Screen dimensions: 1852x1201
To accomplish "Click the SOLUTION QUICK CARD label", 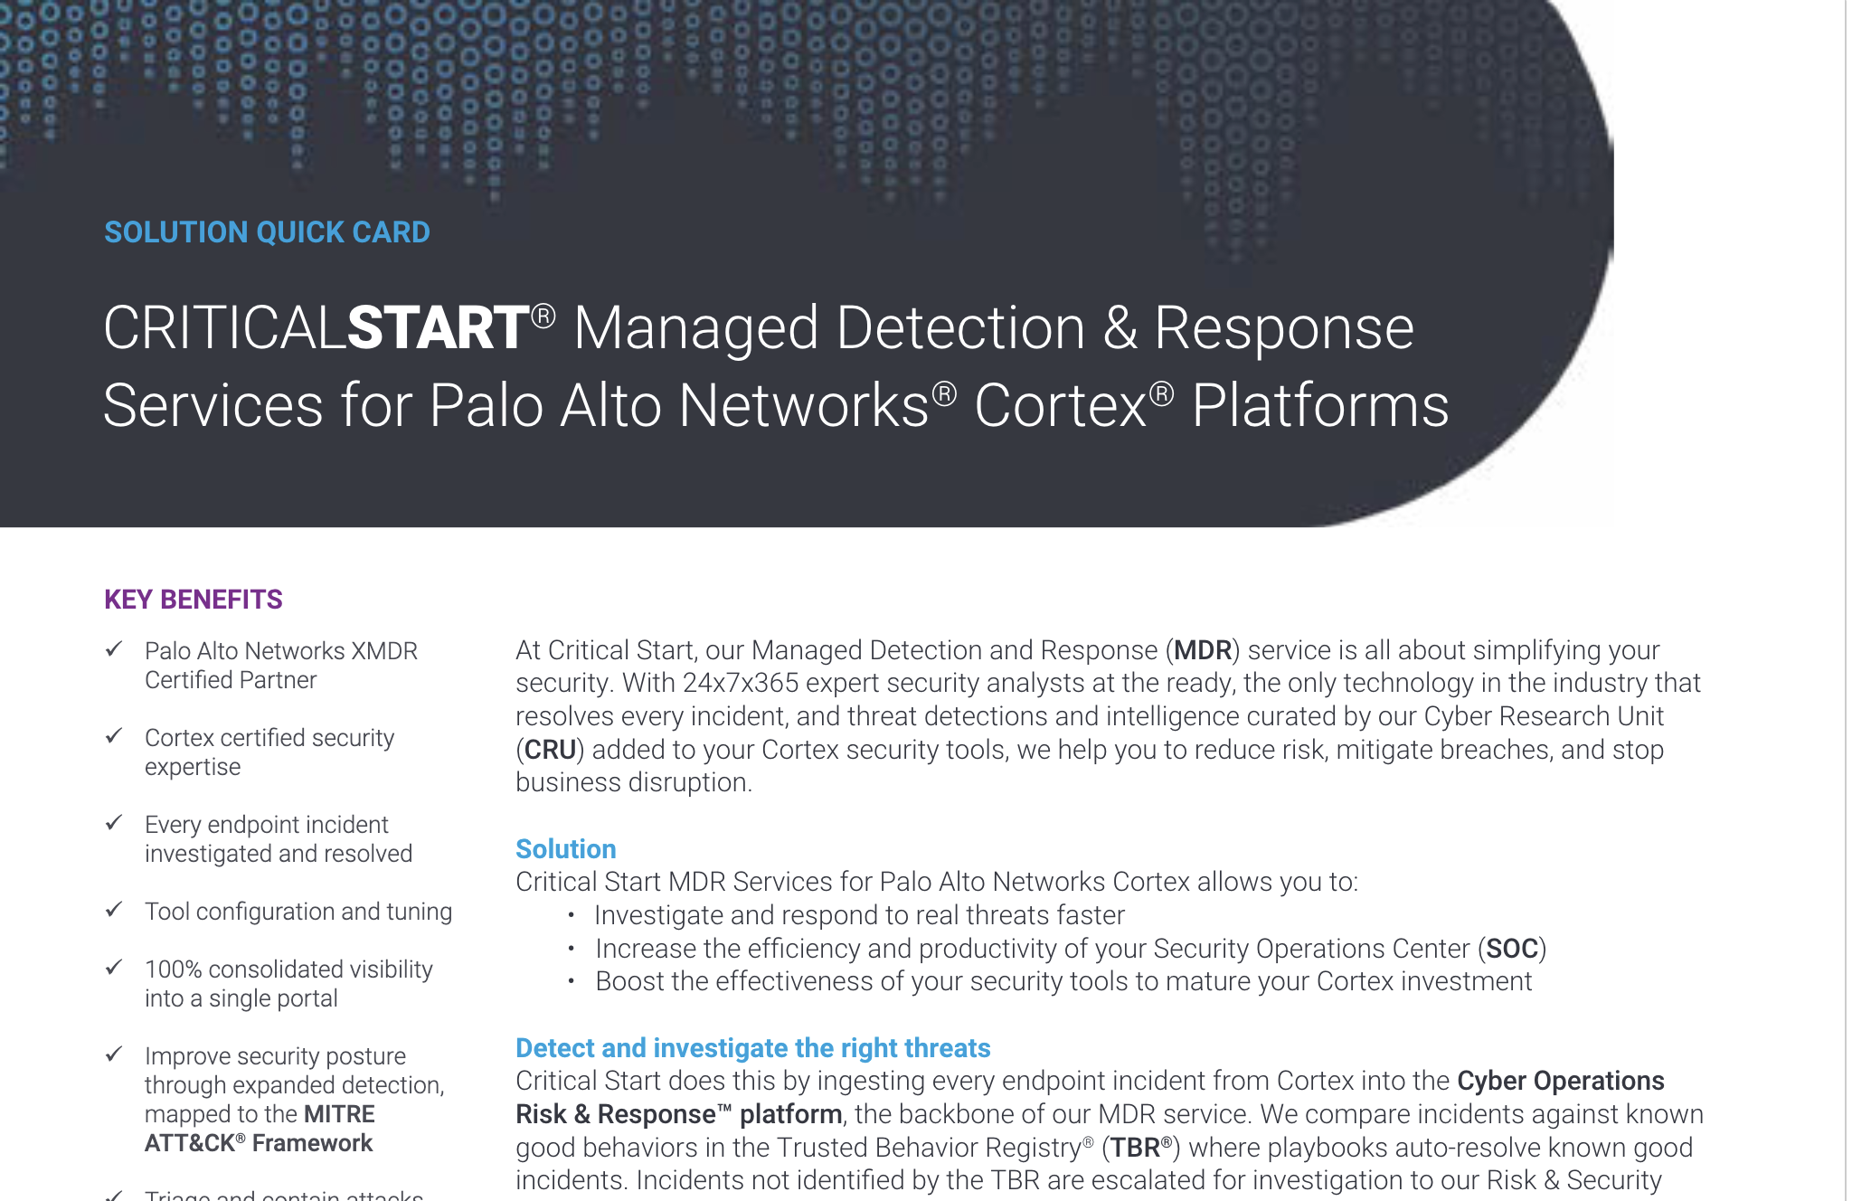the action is pyautogui.click(x=267, y=232).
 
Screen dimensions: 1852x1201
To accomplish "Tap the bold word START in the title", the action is pyautogui.click(x=439, y=327).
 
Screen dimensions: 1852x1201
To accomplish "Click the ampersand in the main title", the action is pyautogui.click(x=1120, y=327).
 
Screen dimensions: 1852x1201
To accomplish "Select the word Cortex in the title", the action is pyautogui.click(x=1061, y=405).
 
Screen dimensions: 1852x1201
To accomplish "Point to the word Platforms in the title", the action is pyautogui.click(x=1320, y=405).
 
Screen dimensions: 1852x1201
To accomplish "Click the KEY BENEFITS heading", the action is pyautogui.click(x=194, y=600).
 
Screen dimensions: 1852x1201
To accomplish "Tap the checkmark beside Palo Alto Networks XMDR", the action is pyautogui.click(x=114, y=649).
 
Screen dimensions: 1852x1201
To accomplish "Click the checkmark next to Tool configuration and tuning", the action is pyautogui.click(x=114, y=910).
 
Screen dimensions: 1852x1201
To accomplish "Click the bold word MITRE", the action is pyautogui.click(x=339, y=1114).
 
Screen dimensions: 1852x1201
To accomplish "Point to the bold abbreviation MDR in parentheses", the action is pyautogui.click(x=1203, y=650).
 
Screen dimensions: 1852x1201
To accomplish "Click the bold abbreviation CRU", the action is pyautogui.click(x=550, y=750).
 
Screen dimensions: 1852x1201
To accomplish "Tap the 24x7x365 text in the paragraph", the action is pyautogui.click(x=742, y=683).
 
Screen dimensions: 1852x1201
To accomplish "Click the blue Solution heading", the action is pyautogui.click(x=566, y=849).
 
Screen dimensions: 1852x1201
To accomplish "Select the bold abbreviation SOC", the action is pyautogui.click(x=1512, y=949).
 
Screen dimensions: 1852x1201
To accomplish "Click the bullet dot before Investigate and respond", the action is pyautogui.click(x=572, y=915).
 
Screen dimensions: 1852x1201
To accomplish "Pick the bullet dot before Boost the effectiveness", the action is pyautogui.click(x=572, y=981).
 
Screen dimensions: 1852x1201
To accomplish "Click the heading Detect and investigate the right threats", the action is pyautogui.click(x=753, y=1048).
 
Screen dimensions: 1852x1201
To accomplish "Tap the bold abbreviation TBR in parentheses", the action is pyautogui.click(x=1136, y=1148).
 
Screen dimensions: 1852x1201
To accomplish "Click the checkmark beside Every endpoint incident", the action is pyautogui.click(x=114, y=823).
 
